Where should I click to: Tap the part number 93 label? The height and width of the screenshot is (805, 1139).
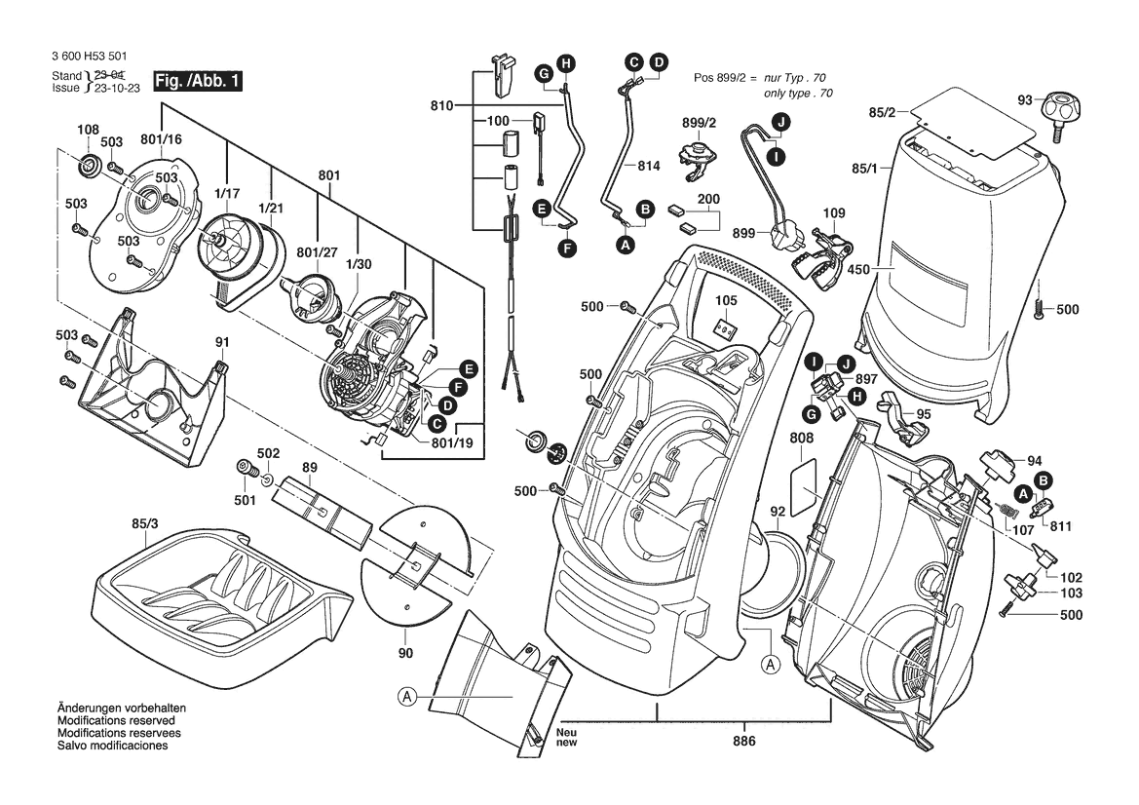pyautogui.click(x=1024, y=100)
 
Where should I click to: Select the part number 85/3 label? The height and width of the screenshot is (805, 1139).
pyautogui.click(x=144, y=524)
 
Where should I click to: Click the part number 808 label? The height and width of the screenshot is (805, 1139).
pyautogui.click(x=801, y=439)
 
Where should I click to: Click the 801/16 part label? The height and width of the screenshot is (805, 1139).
pyautogui.click(x=161, y=139)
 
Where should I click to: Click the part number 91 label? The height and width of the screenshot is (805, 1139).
pyautogui.click(x=222, y=342)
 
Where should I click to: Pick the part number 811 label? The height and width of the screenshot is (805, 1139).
pyautogui.click(x=1060, y=525)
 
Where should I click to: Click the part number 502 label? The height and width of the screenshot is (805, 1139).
pyautogui.click(x=268, y=453)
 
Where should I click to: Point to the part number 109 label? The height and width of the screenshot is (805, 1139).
pyautogui.click(x=834, y=212)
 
